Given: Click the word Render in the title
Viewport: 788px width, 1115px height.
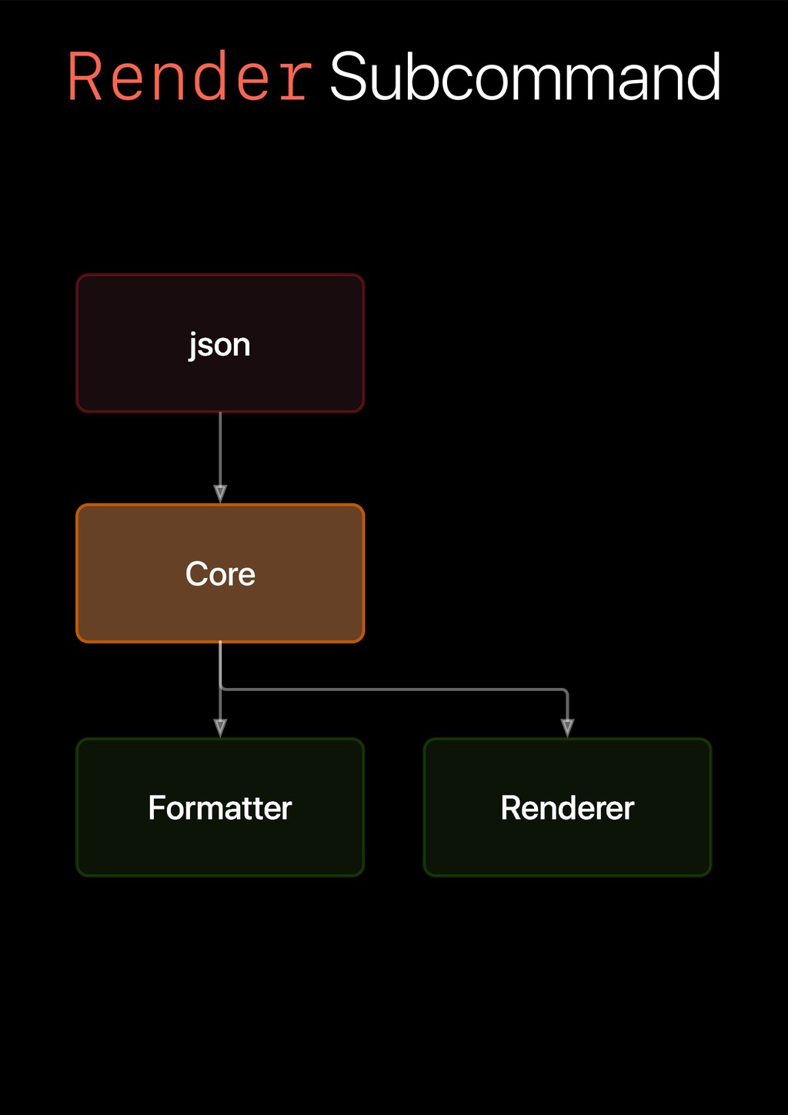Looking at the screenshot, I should tap(189, 77).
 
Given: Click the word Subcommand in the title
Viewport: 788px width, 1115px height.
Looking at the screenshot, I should tap(525, 77).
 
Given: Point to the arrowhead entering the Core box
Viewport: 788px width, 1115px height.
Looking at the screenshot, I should tap(220, 494).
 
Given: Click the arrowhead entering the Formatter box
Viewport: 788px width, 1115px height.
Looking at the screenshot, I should tap(220, 728).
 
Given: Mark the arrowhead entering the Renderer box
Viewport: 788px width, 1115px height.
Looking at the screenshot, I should tap(567, 728).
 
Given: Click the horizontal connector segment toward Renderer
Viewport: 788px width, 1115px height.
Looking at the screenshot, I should tap(392, 689).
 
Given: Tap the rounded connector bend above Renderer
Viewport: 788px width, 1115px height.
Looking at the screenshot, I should tap(565, 691).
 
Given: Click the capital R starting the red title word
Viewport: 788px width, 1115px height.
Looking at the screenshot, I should tap(85, 77).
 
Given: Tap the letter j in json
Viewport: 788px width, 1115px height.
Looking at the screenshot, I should tap(193, 346).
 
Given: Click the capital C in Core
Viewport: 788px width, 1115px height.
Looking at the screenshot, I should tap(195, 574).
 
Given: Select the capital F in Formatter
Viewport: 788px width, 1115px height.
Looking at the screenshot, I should tap(155, 808).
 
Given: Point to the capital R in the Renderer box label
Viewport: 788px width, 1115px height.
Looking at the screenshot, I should tap(510, 808).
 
